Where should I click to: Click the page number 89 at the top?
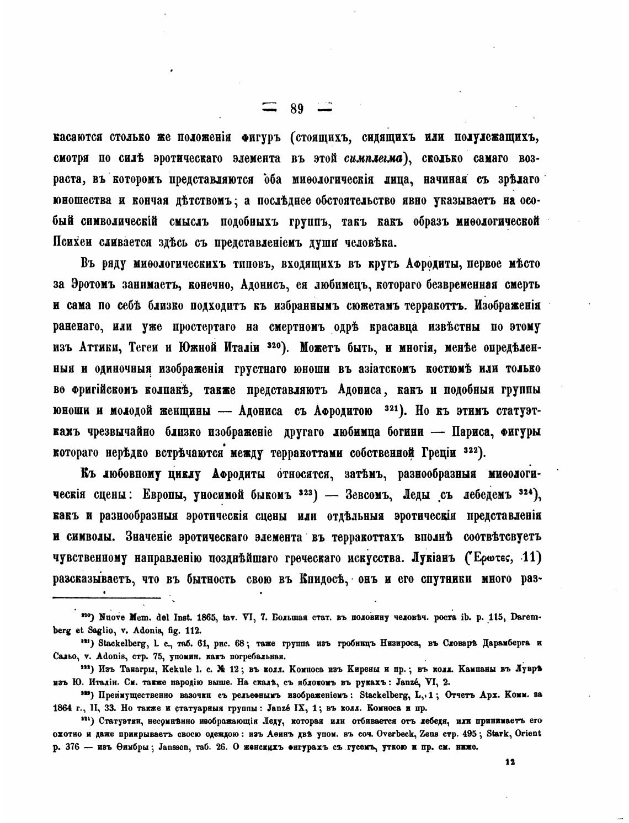click(x=296, y=109)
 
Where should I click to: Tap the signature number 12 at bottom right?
click(x=510, y=761)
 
